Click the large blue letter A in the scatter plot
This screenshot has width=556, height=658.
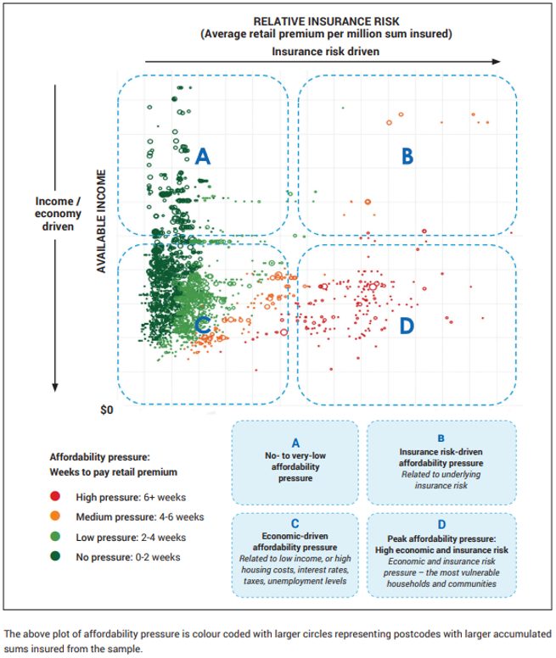coord(202,156)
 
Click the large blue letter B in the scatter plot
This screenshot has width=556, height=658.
coord(407,156)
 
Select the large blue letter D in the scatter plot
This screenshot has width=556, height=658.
coord(407,326)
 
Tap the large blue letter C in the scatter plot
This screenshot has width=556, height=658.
coord(202,325)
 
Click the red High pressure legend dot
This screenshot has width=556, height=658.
coord(55,496)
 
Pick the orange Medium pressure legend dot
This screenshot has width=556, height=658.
coord(55,516)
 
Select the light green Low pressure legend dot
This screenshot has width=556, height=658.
coord(55,536)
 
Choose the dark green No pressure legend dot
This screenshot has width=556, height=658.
coord(55,556)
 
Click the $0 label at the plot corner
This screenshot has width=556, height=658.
coord(107,410)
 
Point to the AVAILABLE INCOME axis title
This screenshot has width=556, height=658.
coord(101,221)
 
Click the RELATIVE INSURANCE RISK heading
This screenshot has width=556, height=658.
coord(326,21)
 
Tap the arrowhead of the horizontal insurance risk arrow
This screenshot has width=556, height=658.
coord(497,61)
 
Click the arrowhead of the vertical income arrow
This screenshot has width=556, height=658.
coord(55,388)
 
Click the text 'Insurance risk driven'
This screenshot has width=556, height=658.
coord(325,51)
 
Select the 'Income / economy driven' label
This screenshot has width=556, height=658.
coord(58,214)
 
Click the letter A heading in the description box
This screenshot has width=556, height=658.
coord(295,443)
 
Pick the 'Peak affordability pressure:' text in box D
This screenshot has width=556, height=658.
coord(441,538)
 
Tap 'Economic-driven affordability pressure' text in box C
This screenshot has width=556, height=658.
coord(295,542)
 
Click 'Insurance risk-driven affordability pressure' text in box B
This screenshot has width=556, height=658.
coord(441,457)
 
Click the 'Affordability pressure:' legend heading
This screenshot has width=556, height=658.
coord(99,457)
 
